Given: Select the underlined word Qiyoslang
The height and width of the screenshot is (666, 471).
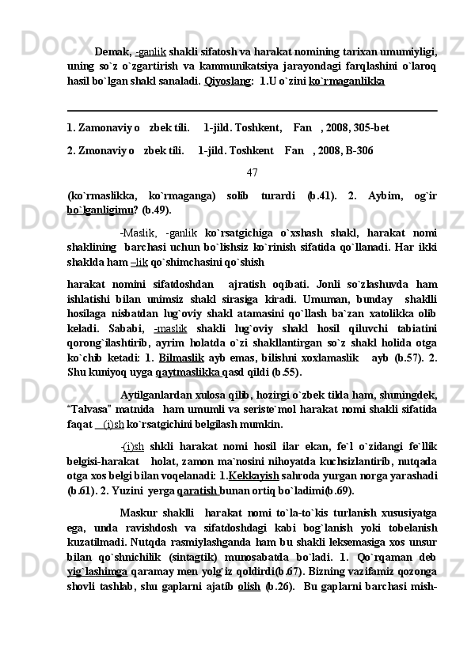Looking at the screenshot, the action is pyautogui.click(x=226, y=81).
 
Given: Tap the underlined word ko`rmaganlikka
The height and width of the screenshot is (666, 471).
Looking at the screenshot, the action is pyautogui.click(x=347, y=81).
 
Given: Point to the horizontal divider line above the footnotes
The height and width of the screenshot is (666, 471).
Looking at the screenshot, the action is pyautogui.click(x=253, y=111).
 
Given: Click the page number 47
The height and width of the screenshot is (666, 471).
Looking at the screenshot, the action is pyautogui.click(x=253, y=172).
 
